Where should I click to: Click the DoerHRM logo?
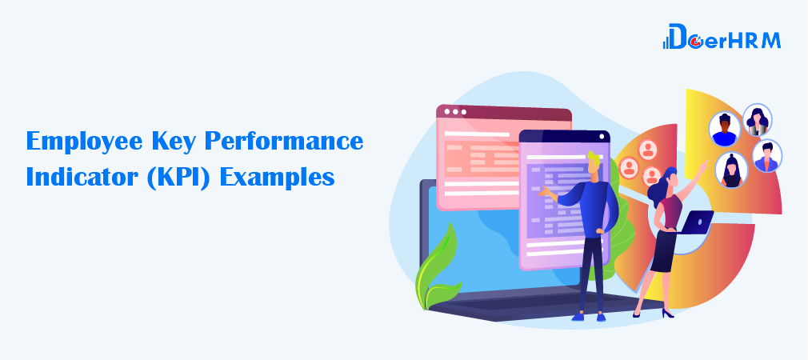[722, 37]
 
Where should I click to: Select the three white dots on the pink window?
[455, 112]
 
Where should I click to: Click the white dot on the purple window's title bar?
[601, 137]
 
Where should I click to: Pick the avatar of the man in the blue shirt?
[725, 130]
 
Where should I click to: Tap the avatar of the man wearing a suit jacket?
[766, 155]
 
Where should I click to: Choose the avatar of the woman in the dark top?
[731, 170]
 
